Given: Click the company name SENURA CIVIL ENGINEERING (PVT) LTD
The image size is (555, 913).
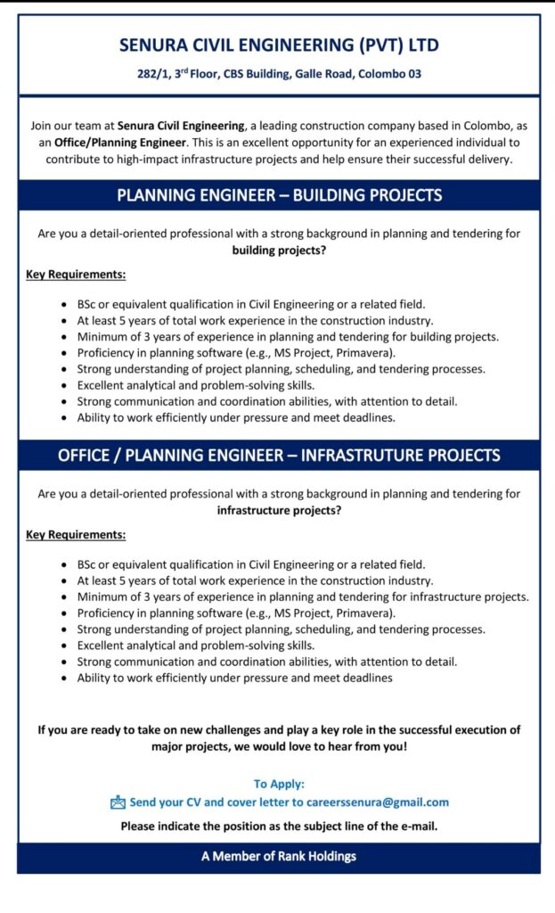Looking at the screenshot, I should coord(279,45).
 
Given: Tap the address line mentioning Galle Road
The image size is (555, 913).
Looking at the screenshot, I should coord(279,74).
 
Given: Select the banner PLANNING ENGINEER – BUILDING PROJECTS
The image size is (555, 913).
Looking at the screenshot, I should coord(279,195).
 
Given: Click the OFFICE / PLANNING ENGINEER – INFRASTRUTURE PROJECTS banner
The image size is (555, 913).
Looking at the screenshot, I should coord(279,456).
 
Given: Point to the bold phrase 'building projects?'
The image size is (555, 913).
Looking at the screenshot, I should coord(279,251).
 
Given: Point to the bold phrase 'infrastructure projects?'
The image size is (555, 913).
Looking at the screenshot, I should coord(279,511).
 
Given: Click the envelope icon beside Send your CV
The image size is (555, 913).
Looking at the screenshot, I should coord(118,802).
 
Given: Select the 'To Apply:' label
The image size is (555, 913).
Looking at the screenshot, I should coord(279,784).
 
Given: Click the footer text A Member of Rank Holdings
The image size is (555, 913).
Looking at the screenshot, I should coord(279,857).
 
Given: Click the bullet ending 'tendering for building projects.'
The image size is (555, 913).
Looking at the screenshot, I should coord(288,336).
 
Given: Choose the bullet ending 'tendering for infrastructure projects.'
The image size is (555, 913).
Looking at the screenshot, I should coord(303,596).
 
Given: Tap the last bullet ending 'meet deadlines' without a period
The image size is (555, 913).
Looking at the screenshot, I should coord(234,678).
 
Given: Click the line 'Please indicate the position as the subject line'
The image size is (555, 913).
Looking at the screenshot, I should coord(279,826).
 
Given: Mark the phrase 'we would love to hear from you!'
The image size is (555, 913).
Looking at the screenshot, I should coord(316,744).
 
